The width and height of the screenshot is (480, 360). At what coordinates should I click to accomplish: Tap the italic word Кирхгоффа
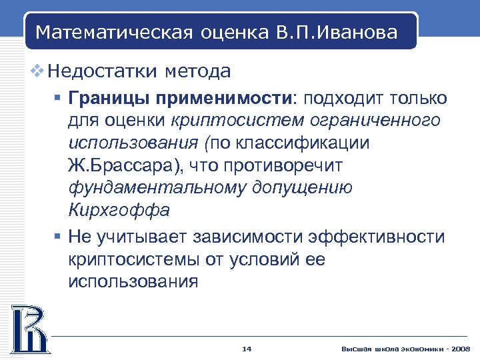click(119, 210)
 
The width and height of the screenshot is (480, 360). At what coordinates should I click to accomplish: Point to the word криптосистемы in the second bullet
click(138, 259)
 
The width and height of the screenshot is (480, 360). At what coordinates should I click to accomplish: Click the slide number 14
click(246, 349)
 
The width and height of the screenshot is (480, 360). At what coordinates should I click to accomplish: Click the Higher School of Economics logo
click(28, 329)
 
